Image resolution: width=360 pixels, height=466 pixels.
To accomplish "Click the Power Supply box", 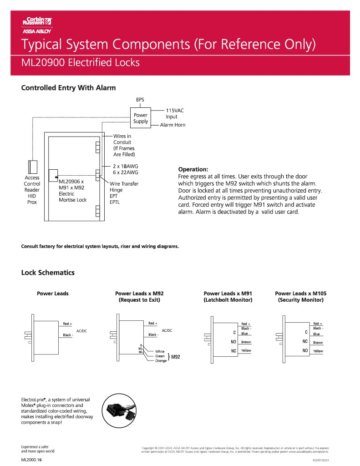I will [140, 118].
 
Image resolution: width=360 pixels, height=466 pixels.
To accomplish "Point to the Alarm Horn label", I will [172, 125].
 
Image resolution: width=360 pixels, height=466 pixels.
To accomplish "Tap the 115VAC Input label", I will [175, 114].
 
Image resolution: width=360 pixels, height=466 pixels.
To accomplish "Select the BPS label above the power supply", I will [140, 100].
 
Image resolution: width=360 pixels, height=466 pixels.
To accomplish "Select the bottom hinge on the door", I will [97, 210].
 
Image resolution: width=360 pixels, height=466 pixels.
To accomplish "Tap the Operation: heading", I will [193, 168].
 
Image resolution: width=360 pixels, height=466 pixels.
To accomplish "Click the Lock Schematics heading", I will [48, 273].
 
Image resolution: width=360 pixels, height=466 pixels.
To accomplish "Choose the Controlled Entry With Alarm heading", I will [68, 88].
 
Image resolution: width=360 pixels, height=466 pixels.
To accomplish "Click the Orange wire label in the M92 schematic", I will [161, 361].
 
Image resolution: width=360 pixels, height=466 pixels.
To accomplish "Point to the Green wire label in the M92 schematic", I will [160, 356].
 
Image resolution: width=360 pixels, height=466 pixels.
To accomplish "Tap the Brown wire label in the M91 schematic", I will [246, 342].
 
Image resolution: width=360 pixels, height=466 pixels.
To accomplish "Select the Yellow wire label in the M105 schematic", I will [318, 351].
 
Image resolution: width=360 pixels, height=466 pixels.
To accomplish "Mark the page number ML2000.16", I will [31, 460].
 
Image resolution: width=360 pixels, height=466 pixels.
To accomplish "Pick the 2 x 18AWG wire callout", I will [125, 166].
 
